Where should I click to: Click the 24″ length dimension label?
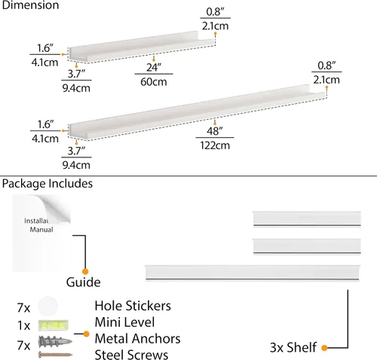(154, 67)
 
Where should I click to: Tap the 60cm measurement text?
(154, 82)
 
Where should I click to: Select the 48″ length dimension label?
(215, 131)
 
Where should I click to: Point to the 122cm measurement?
(215, 145)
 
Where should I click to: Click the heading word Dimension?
(30, 5)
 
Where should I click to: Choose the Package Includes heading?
(48, 184)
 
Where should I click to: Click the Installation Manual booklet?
(41, 233)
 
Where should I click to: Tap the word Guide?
(84, 282)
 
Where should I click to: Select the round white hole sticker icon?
(48, 307)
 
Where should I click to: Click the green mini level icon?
(54, 325)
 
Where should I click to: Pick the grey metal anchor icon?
(55, 342)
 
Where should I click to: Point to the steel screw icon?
(55, 355)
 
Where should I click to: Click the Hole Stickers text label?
(133, 306)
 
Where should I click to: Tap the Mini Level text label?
(124, 322)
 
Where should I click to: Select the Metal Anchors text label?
(137, 338)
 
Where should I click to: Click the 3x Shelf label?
(293, 347)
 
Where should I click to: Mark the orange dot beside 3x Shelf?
(324, 348)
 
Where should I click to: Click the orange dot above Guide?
(85, 271)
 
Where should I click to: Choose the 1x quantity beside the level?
(24, 325)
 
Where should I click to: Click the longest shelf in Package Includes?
(253, 273)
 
